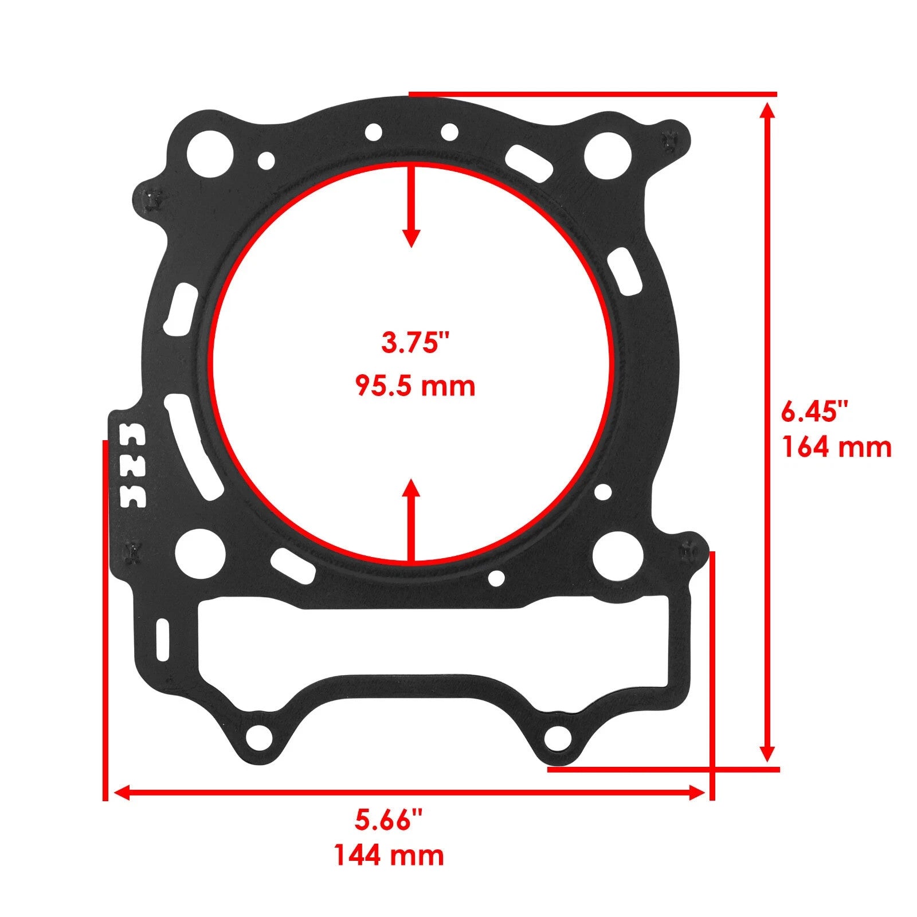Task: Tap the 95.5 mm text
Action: point(415,386)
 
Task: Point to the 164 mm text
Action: point(837,448)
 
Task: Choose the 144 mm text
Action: point(389,856)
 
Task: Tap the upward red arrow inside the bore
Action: point(411,519)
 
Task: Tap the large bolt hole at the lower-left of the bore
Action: point(200,555)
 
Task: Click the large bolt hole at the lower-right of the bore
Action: point(617,555)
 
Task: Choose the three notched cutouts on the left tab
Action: point(132,465)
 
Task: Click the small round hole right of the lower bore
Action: point(603,491)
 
